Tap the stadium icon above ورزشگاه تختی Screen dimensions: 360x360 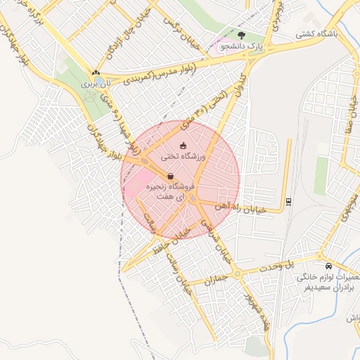[184, 146]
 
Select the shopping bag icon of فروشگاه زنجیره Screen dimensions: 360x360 [170, 176]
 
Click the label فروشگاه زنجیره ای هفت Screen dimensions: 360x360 [169, 193]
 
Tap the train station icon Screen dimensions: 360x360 [288, 203]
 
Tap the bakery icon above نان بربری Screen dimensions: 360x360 [96, 72]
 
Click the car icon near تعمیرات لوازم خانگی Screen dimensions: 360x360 [328, 266]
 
